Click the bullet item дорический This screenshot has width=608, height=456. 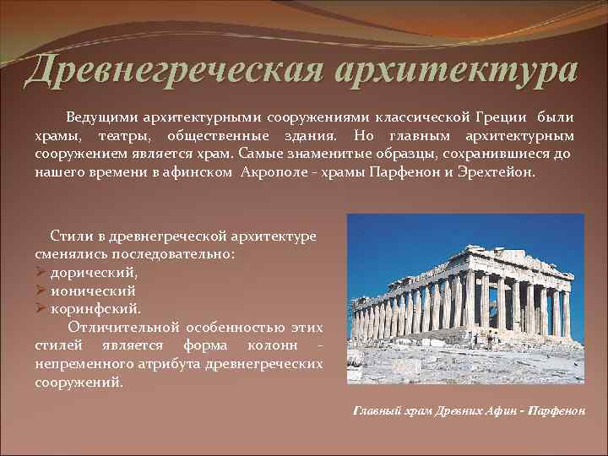94,272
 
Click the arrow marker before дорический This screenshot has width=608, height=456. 41,272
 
